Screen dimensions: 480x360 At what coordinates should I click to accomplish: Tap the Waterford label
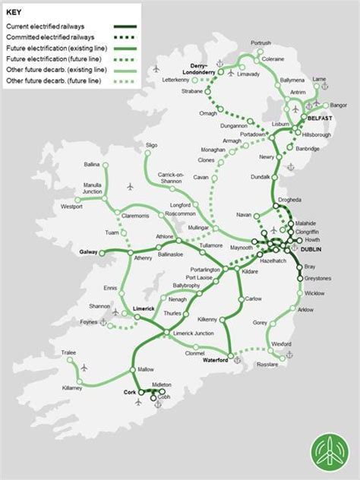[x=216, y=361]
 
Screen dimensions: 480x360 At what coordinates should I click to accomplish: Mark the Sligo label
[x=152, y=144]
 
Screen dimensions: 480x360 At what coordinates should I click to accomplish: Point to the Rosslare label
[x=267, y=365]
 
